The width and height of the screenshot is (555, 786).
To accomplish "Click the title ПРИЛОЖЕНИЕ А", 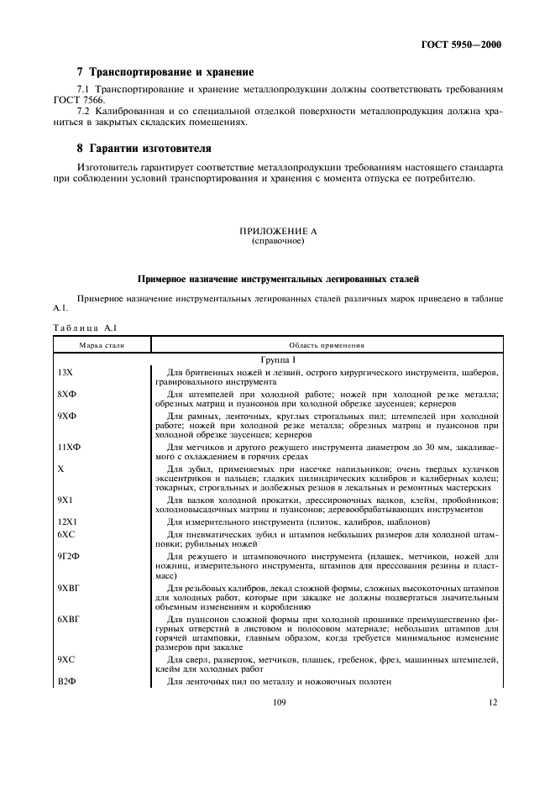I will tap(277, 230).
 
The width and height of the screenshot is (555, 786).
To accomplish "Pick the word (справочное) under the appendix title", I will tap(277, 240).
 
